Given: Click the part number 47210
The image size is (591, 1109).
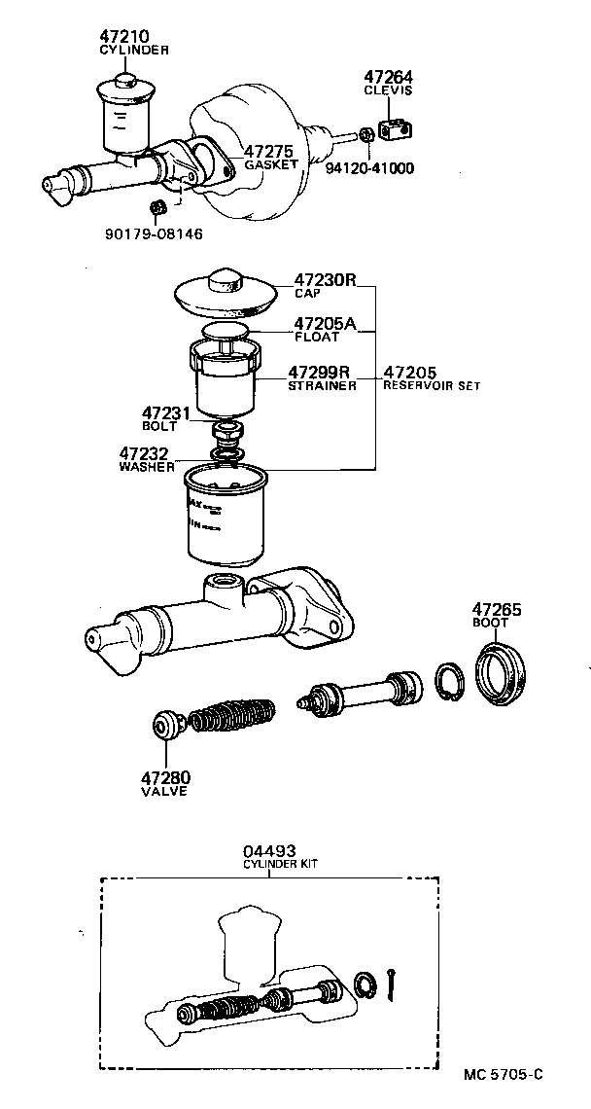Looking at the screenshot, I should [124, 37].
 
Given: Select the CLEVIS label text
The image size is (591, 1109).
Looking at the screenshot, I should [389, 90].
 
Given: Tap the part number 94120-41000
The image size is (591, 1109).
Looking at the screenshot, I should [369, 167].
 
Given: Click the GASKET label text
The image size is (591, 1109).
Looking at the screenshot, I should [270, 164].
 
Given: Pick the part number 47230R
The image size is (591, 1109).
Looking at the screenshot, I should [326, 279].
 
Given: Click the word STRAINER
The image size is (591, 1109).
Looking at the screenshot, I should [322, 385].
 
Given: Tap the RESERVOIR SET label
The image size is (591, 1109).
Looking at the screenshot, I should [432, 385].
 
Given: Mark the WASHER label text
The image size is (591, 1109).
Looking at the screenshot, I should [147, 466].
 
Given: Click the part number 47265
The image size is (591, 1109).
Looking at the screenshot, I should [497, 610].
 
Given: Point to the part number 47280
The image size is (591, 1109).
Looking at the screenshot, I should [165, 777].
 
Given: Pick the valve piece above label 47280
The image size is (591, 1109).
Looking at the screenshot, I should [166, 726].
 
